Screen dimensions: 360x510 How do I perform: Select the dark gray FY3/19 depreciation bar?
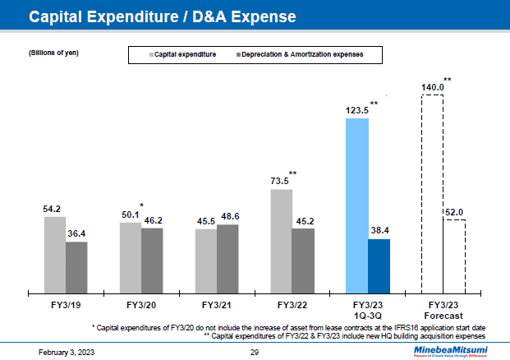point(76,267)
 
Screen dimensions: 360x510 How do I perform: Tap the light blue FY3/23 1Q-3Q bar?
point(357,205)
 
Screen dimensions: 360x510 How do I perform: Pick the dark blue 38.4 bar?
point(379,266)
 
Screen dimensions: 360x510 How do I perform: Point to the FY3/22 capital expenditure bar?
point(282,241)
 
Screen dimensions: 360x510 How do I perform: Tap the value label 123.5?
point(356,109)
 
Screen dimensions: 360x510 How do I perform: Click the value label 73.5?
point(281,180)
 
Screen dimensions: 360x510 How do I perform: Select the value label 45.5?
point(205,220)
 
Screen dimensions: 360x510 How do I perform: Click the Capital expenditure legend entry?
point(182,54)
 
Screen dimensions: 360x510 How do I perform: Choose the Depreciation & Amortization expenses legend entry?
point(299,54)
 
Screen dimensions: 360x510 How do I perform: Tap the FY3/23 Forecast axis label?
point(443,309)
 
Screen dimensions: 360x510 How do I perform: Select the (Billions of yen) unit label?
point(48,53)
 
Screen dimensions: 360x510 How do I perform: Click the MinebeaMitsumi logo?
point(449,350)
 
